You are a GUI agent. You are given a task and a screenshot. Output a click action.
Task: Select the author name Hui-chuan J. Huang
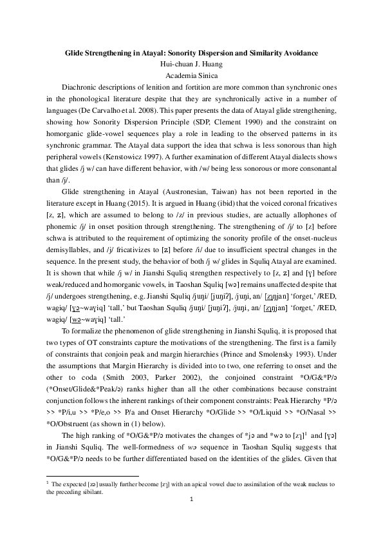tap(191, 64)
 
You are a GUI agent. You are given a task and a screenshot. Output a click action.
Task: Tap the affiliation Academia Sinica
tap(191, 75)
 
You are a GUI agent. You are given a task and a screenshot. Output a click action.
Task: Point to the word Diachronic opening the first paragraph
tap(80, 87)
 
